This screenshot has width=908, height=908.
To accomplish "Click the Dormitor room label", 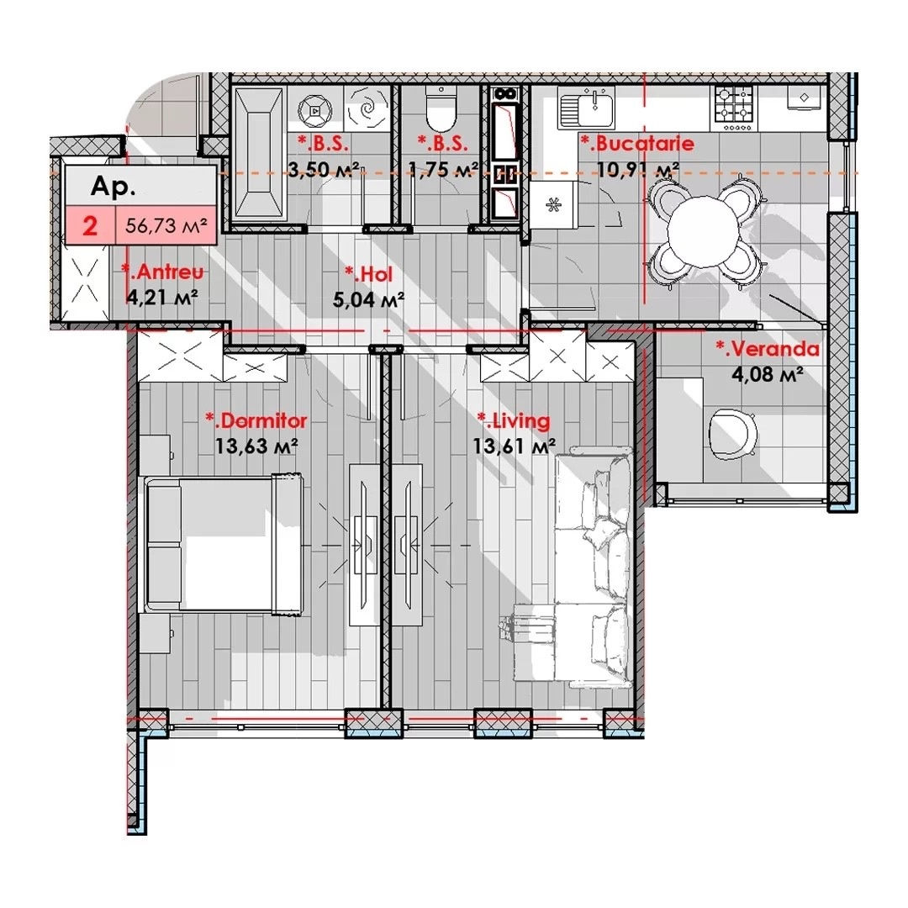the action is pyautogui.click(x=256, y=420).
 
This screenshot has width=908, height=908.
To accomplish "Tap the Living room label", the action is pyautogui.click(x=513, y=421).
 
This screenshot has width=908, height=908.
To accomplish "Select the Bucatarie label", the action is pyautogui.click(x=637, y=143).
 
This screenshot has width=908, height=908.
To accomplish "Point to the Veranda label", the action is pyautogui.click(x=768, y=349).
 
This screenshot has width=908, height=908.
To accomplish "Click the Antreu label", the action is pyautogui.click(x=163, y=272).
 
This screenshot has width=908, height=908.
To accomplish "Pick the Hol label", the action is pyautogui.click(x=368, y=274).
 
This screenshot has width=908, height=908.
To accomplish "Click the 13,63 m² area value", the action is pyautogui.click(x=256, y=446).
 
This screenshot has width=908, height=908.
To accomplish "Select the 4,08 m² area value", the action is pyautogui.click(x=768, y=374).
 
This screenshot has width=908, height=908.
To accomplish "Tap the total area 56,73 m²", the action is pyautogui.click(x=166, y=225).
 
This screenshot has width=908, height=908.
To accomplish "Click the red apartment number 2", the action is pyautogui.click(x=90, y=225).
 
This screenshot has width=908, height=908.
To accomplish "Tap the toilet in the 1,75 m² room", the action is pyautogui.click(x=441, y=108).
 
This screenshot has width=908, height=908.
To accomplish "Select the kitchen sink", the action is pyautogui.click(x=586, y=108).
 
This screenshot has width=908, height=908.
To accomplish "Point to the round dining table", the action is pyautogui.click(x=705, y=232).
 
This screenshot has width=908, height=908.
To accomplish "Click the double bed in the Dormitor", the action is pyautogui.click(x=224, y=544).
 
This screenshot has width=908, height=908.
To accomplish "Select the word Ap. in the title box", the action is pyautogui.click(x=113, y=187).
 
